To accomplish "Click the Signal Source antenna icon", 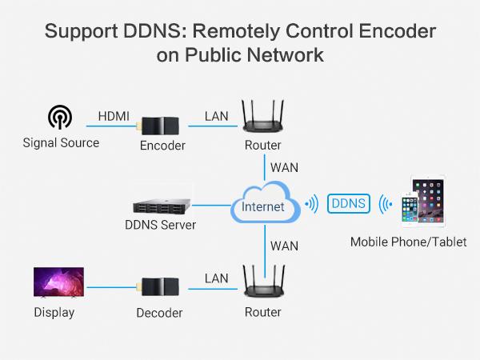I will (58, 118).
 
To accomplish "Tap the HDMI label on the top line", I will (113, 116).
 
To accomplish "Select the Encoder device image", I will (161, 125).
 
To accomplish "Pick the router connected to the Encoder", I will (263, 119).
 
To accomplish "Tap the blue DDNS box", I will (348, 203).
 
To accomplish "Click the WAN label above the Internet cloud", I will (285, 168).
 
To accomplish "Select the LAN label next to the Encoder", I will (216, 116).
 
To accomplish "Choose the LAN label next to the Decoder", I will (216, 278).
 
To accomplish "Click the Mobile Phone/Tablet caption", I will (408, 241).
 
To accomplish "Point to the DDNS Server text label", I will (160, 226).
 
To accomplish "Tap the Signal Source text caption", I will (61, 142).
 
